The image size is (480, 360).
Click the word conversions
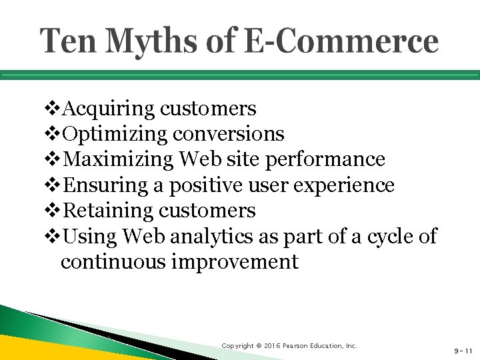pos(229,134)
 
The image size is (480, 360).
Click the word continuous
pos(113,262)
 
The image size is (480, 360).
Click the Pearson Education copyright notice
pos(289,346)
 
